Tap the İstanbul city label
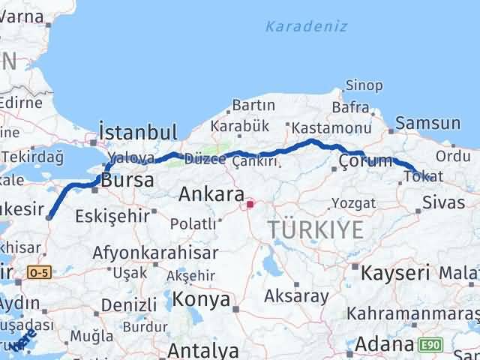point(138,133)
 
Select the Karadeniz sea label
point(306,26)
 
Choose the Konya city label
point(201,300)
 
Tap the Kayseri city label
point(395,273)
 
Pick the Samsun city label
point(428,123)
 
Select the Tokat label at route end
point(418,176)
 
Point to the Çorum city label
point(365,160)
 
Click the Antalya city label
point(202,350)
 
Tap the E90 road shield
point(430,344)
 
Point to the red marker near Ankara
point(250,202)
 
